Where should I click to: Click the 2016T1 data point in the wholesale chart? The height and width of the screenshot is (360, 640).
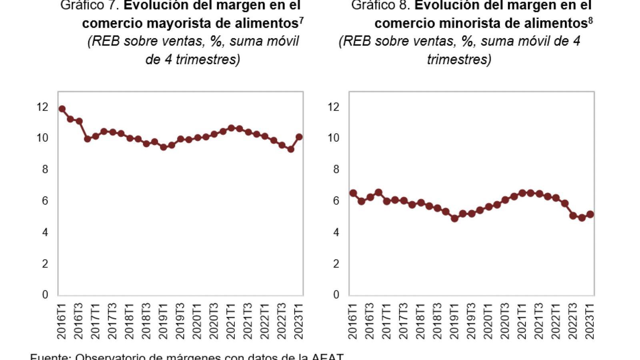(62, 109)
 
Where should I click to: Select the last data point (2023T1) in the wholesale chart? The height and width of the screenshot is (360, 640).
(299, 137)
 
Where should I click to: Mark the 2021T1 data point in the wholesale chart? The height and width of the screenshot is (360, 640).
(231, 128)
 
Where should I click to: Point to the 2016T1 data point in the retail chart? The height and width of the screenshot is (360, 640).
(353, 193)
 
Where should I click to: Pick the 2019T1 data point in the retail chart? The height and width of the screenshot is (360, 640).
(454, 218)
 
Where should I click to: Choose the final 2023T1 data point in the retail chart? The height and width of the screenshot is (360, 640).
(590, 214)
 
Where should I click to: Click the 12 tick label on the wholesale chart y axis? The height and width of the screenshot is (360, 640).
(42, 107)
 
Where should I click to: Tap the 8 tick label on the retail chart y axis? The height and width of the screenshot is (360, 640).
(336, 169)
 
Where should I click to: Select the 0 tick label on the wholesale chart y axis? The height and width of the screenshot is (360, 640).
(45, 295)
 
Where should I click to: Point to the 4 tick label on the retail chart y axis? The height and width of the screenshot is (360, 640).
(336, 232)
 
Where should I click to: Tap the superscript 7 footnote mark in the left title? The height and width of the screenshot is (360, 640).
(301, 20)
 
